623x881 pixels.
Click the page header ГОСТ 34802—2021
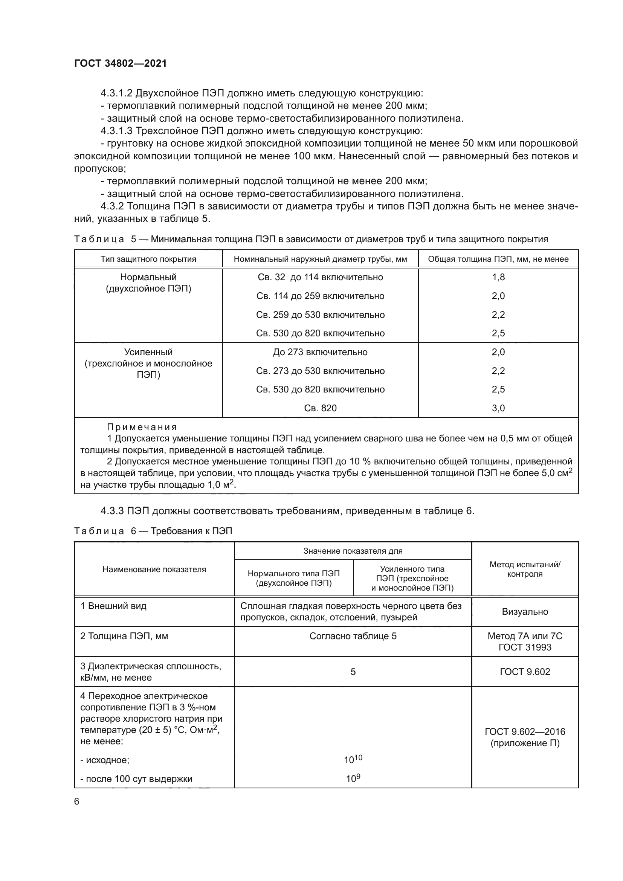[121, 63]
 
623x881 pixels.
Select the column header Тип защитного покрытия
[148, 259]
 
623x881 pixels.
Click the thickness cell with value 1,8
[498, 277]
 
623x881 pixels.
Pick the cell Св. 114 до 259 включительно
[320, 296]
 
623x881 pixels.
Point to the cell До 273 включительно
[320, 352]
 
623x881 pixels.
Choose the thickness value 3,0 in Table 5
[498, 408]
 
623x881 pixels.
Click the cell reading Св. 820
[320, 408]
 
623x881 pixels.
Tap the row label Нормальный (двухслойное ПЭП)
[148, 282]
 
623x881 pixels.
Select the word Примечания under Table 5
[142, 427]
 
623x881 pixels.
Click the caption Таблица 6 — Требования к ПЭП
[153, 531]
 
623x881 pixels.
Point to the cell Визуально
[524, 612]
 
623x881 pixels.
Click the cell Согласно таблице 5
[353, 636]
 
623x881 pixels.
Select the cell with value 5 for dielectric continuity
[353, 672]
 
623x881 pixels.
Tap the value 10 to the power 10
[353, 759]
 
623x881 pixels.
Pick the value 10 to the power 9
[353, 779]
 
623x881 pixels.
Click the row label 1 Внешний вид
[113, 606]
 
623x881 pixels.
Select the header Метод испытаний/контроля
[524, 570]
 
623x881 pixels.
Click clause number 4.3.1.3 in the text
[116, 131]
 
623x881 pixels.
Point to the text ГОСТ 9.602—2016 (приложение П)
[524, 737]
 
